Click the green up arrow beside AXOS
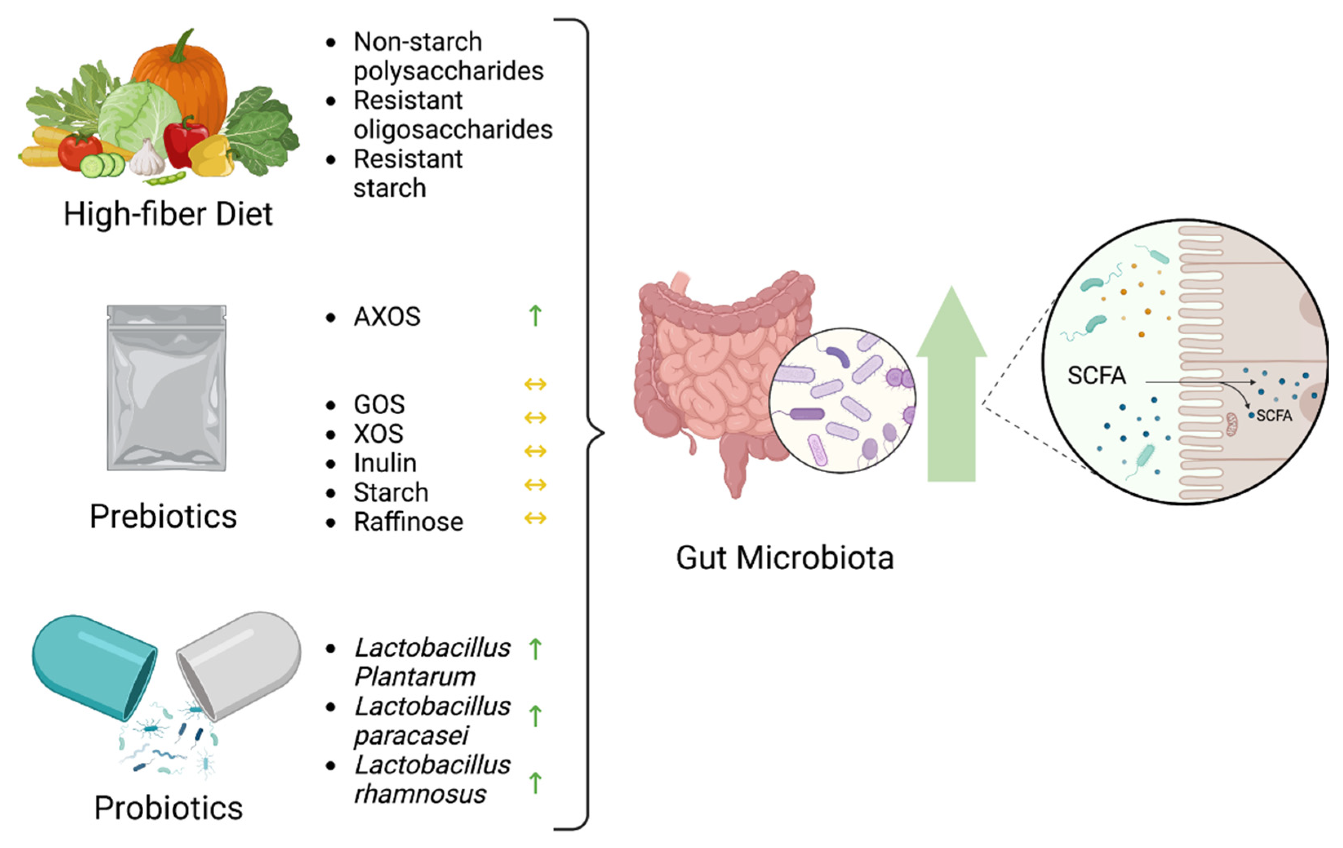pos(535,316)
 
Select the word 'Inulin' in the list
pos(385,463)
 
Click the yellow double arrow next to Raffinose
pos(535,519)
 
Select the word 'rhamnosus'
pos(420,794)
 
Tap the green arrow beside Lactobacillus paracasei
pos(535,716)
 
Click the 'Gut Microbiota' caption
pos(785,558)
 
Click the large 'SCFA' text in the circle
pos(1097,375)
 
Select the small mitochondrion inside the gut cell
pos(1232,424)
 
